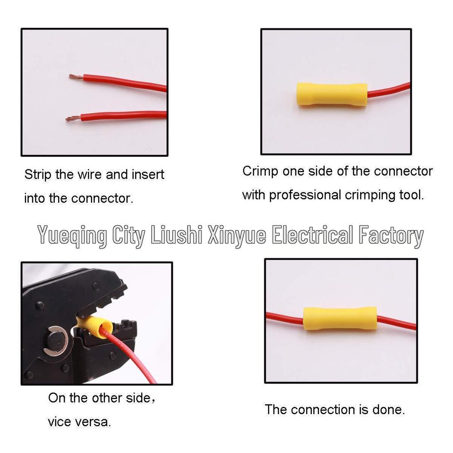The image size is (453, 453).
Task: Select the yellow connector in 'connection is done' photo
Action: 340,318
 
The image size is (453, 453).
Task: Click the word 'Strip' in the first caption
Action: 38,175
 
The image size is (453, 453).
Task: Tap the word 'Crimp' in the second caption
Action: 260,171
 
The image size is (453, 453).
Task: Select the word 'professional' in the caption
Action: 301,195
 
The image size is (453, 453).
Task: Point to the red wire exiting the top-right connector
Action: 389,90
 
